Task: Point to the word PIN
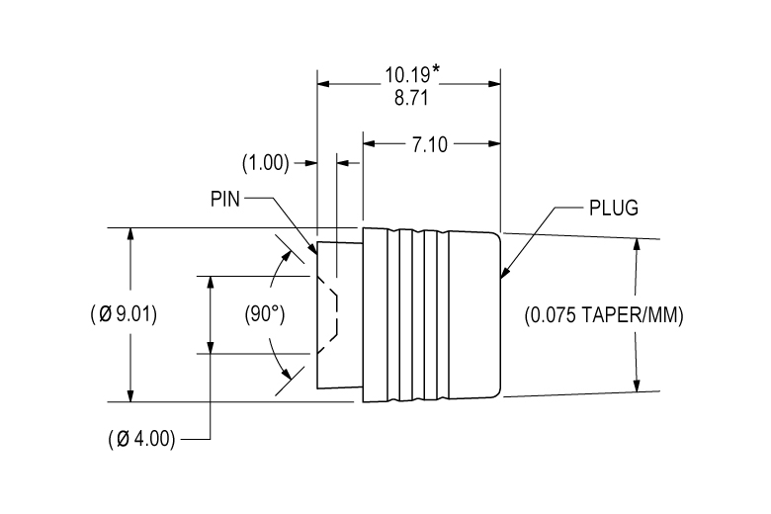pos(226,198)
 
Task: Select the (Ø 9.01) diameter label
pos(122,315)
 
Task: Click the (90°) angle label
pos(264,315)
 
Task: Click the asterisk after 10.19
pos(436,70)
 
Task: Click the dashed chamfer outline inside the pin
pos(336,314)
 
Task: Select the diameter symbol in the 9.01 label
pos(104,315)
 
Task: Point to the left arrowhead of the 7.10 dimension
pos(369,144)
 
